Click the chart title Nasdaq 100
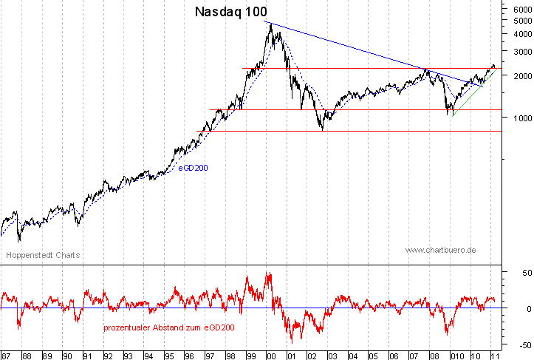pyautogui.click(x=230, y=12)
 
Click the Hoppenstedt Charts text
pyautogui.click(x=43, y=255)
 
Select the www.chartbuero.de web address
pyautogui.click(x=441, y=250)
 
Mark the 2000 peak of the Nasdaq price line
pyautogui.click(x=271, y=24)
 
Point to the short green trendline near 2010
pyautogui.click(x=473, y=92)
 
